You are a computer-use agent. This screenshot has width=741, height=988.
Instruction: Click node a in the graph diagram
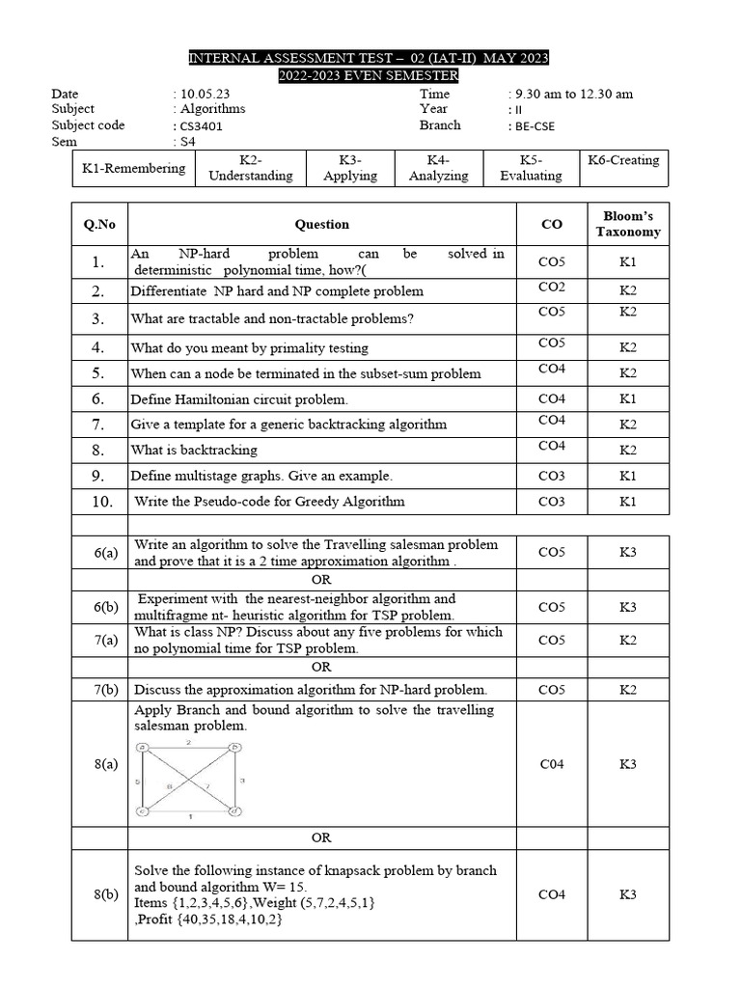pyautogui.click(x=143, y=747)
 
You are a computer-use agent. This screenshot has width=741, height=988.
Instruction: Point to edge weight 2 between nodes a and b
pyautogui.click(x=189, y=742)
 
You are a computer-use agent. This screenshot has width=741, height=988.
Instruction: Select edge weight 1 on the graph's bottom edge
pyautogui.click(x=189, y=817)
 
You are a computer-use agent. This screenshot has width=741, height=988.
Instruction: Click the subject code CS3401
pyautogui.click(x=206, y=125)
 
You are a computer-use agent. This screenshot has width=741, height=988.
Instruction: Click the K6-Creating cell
pyautogui.click(x=623, y=160)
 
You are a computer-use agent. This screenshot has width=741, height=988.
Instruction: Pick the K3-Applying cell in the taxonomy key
pyautogui.click(x=349, y=168)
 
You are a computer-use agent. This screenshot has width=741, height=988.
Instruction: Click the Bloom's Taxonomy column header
pyautogui.click(x=627, y=224)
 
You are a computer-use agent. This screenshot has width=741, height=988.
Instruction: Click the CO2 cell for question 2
pyautogui.click(x=552, y=288)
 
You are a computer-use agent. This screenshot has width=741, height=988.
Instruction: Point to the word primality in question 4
pyautogui.click(x=286, y=348)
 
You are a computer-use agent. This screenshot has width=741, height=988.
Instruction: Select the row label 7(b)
pyautogui.click(x=106, y=690)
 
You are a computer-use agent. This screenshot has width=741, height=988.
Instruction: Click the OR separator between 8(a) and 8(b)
pyautogui.click(x=321, y=837)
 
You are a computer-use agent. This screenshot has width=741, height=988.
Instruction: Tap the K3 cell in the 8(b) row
pyautogui.click(x=627, y=894)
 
